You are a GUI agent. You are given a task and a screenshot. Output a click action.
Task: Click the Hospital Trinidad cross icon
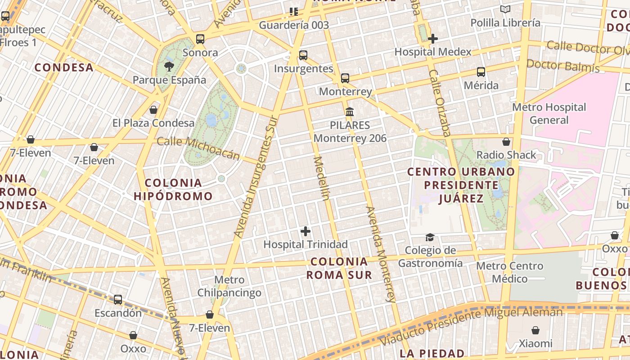pyautogui.click(x=306, y=232)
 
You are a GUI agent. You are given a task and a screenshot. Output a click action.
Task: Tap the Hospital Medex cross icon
pyautogui.click(x=433, y=39)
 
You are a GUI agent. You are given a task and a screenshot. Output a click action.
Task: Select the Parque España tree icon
pyautogui.click(x=169, y=67)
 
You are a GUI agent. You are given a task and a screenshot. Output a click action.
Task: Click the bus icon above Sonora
pyautogui.click(x=200, y=39)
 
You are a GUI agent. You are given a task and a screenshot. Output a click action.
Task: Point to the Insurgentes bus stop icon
pyautogui.click(x=303, y=55)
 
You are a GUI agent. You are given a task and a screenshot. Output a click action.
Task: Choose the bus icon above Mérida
pyautogui.click(x=481, y=72)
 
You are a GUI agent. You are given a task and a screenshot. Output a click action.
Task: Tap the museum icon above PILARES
pyautogui.click(x=350, y=112)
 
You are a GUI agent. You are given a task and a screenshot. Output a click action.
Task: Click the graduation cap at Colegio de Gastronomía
pyautogui.click(x=430, y=237)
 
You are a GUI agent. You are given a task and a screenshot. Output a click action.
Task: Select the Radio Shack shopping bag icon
pyautogui.click(x=506, y=142)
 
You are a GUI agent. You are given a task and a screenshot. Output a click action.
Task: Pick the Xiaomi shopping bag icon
pyautogui.click(x=535, y=331)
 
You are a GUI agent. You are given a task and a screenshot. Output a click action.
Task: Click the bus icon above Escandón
pyautogui.click(x=118, y=300)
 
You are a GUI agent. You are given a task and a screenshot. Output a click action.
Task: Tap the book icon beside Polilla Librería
pyautogui.click(x=505, y=9)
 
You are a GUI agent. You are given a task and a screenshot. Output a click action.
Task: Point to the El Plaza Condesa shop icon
pyautogui.click(x=153, y=110)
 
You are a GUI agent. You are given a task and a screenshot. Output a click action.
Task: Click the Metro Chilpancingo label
pyautogui.click(x=229, y=286)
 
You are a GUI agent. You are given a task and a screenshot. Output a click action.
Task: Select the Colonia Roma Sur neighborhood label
pyautogui.click(x=339, y=268)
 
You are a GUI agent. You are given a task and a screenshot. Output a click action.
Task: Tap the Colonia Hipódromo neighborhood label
pyautogui.click(x=173, y=189)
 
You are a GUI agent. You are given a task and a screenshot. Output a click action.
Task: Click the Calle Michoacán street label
pyautogui.click(x=198, y=148)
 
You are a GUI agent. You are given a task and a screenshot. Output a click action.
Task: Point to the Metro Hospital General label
pyautogui.click(x=549, y=113)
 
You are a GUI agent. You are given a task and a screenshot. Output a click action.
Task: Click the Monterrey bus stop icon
pyautogui.click(x=345, y=78)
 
